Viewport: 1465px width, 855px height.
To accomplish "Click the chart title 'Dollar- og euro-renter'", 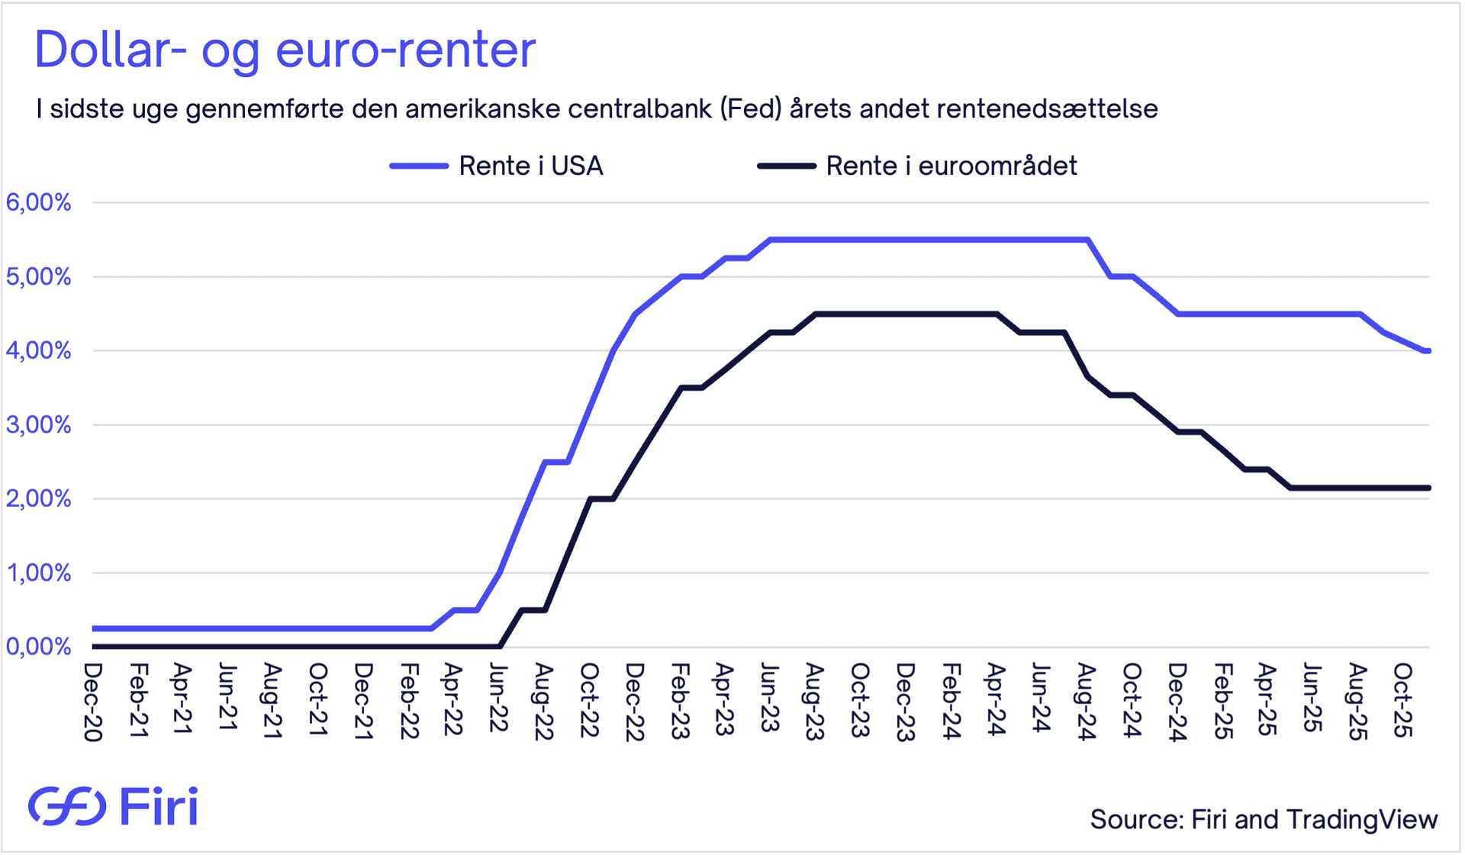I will [x=285, y=50].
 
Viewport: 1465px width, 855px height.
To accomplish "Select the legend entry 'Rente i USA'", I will [x=530, y=166].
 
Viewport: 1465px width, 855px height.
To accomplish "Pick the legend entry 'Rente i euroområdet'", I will [x=951, y=166].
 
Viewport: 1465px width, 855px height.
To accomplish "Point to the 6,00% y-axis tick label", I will [x=38, y=202].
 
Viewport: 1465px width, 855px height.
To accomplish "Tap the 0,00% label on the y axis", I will [x=38, y=647].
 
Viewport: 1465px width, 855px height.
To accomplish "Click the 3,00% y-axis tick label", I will [x=38, y=424].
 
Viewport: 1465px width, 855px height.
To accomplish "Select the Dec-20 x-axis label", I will [x=93, y=701].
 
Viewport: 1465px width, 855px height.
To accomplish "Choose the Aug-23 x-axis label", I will [x=815, y=701].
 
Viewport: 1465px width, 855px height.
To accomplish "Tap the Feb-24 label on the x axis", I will [x=951, y=700].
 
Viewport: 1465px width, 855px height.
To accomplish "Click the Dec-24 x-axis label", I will [x=1177, y=701].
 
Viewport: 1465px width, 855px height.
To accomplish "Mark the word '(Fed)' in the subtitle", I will [x=750, y=108].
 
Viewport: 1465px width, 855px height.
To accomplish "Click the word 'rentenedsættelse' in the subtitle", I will [x=1047, y=108].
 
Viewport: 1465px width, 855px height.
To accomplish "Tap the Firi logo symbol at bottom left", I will [x=67, y=806].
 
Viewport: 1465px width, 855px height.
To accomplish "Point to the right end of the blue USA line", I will [x=1428, y=351].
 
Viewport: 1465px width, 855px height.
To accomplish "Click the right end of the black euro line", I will [x=1428, y=488].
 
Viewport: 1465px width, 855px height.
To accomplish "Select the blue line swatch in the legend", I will [x=419, y=166].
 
